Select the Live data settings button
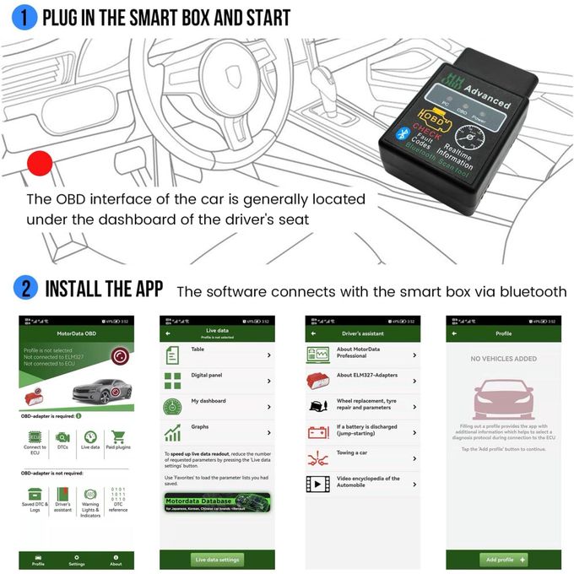click(217, 559)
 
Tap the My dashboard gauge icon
click(172, 407)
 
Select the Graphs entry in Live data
click(217, 433)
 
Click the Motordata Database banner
click(217, 505)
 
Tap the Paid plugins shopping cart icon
click(117, 438)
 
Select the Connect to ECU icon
click(35, 441)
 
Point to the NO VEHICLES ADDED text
click(503, 359)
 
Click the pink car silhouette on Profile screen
click(503, 400)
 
